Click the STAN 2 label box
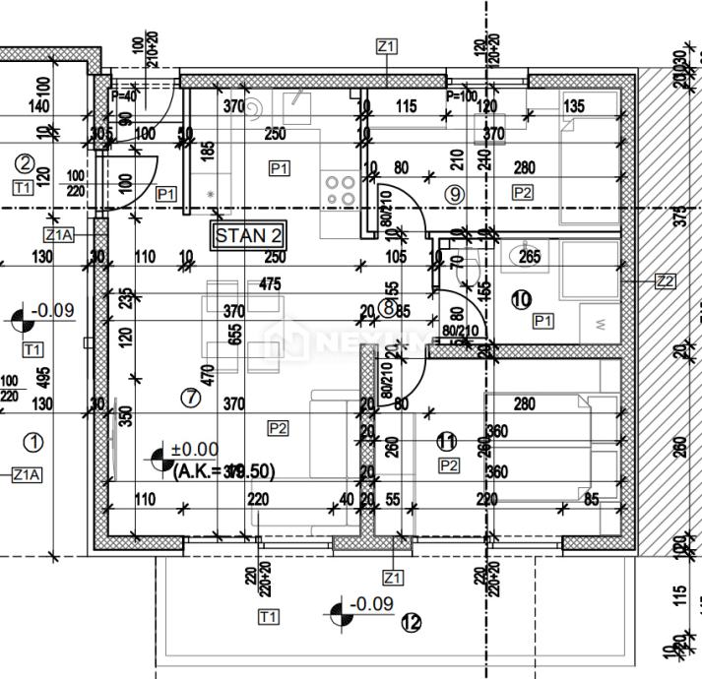tap(249, 236)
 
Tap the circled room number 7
tap(191, 398)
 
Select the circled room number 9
tap(454, 194)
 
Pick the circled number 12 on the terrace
tap(412, 622)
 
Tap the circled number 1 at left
tap(34, 441)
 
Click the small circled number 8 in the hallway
tap(388, 309)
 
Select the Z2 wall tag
tap(666, 281)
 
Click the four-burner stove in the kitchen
tap(341, 189)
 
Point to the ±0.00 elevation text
tap(194, 451)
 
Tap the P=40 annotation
tap(124, 96)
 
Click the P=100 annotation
tap(462, 96)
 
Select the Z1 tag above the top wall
tap(386, 46)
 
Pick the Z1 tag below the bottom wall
tap(394, 577)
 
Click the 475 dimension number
tap(270, 284)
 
